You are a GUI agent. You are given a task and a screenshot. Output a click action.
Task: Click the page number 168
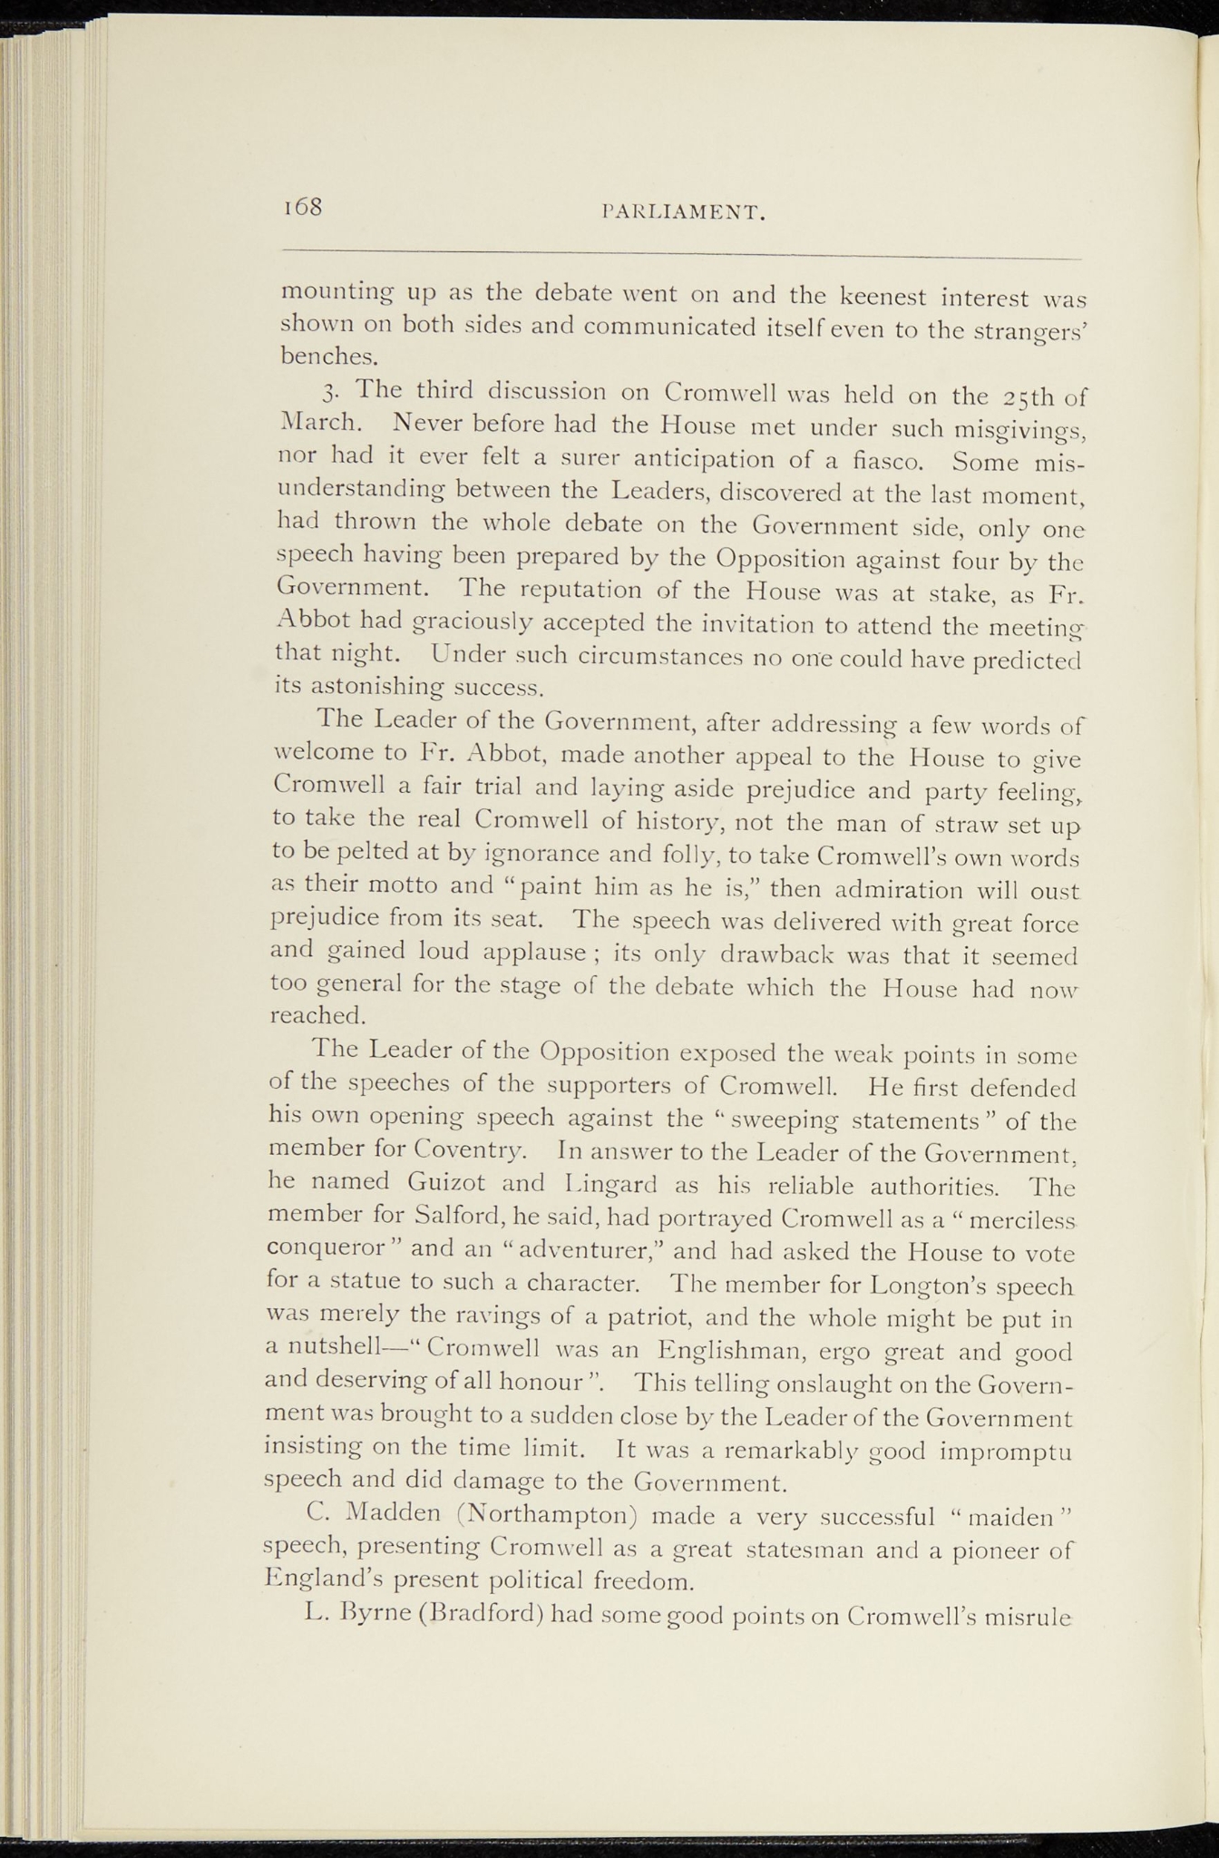click(x=303, y=207)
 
